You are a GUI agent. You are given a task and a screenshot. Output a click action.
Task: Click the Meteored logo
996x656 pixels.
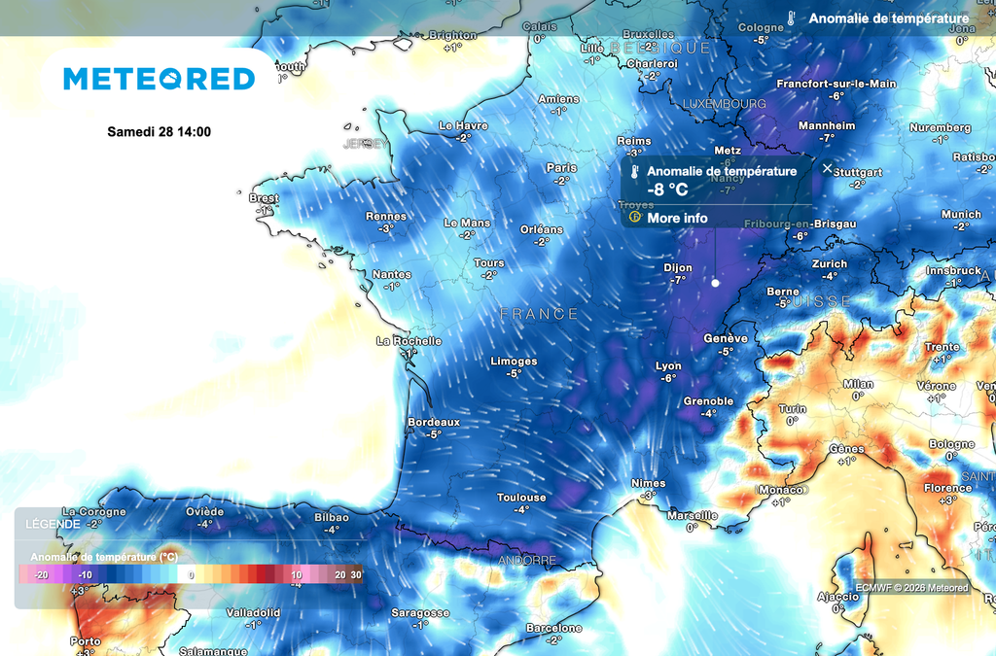coord(160,79)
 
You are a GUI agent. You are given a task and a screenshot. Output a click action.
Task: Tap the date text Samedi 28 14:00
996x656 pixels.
coord(159,132)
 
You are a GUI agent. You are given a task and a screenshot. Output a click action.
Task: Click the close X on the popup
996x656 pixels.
coord(827,168)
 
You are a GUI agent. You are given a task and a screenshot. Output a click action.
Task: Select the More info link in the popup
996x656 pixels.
coord(677,218)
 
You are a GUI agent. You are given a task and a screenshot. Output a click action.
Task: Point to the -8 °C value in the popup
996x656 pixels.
coord(667,190)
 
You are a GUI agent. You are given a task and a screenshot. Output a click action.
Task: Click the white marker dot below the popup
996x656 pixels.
coord(715,284)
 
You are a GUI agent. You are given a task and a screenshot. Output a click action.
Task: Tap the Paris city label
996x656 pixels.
coord(561,167)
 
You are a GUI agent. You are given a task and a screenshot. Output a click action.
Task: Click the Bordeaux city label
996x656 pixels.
coord(434,422)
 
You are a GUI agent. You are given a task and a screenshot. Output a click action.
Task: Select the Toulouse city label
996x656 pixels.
coord(521,497)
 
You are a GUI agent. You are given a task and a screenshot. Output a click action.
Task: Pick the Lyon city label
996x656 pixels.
coord(668,366)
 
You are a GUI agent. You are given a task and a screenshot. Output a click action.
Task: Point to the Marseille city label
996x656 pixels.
coord(692,515)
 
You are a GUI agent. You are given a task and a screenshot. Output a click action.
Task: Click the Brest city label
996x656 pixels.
coord(264,198)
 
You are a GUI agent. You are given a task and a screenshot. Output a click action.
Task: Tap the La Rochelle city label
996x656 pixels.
coord(409,341)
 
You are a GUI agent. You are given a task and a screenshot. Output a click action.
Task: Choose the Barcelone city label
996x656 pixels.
coord(553,628)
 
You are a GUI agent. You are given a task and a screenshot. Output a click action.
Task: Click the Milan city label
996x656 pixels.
coord(858,384)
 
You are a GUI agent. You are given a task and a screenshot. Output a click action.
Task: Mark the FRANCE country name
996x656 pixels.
coord(539,314)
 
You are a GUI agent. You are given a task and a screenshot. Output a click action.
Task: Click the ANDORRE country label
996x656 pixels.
coord(527,561)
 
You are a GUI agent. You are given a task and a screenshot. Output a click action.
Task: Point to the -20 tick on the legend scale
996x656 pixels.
coord(41,574)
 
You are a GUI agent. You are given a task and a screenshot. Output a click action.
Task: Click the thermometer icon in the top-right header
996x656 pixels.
coord(793,18)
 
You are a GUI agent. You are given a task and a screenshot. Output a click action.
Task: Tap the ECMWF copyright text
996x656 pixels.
coord(911,587)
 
